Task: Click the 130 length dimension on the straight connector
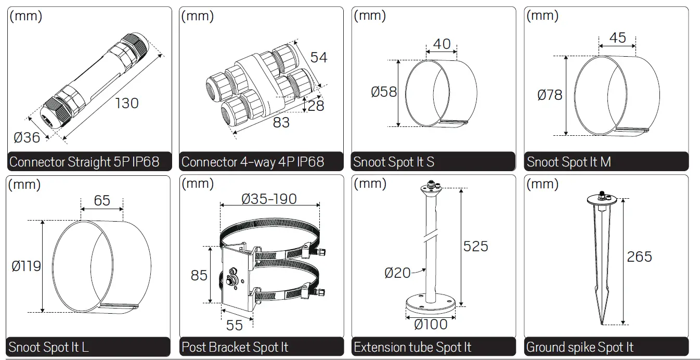coord(126,103)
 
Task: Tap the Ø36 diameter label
coord(27,138)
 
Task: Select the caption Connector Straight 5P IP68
coord(84,162)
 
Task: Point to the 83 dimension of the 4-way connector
coord(281,123)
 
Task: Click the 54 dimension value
coord(319,57)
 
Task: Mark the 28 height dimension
coord(316,106)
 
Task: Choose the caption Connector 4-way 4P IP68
coord(253,162)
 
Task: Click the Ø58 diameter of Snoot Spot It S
coord(384,92)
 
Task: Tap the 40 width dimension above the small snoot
coord(442,44)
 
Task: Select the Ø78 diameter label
coord(550,95)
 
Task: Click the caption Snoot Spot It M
coord(568,162)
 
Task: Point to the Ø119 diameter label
coord(26,266)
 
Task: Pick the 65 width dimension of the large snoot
coord(102,200)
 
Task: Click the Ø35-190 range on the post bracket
coord(269,199)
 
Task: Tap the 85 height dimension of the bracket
coord(199,275)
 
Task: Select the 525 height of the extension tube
coord(475,246)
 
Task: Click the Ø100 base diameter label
coord(431,325)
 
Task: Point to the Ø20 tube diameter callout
coord(397,272)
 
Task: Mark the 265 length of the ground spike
coord(639,256)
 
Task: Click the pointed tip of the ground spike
coord(603,323)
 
